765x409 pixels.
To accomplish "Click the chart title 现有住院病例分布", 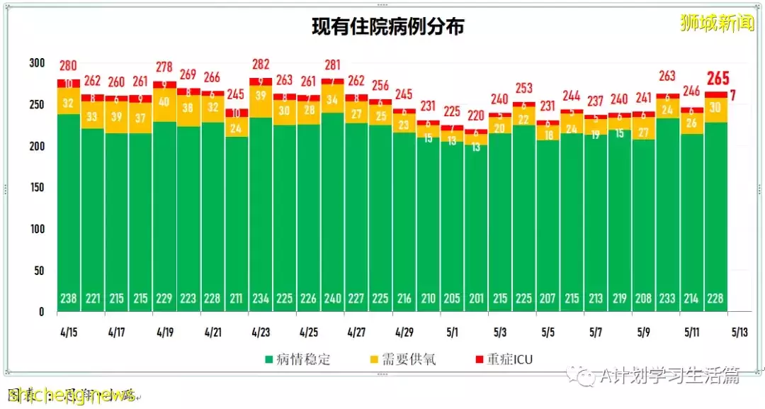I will (x=388, y=27).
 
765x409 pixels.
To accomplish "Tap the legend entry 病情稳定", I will (x=297, y=359).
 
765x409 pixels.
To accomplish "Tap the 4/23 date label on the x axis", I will (x=261, y=332).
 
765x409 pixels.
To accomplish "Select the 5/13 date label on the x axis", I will (x=739, y=332).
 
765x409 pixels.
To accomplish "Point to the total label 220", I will (x=476, y=116).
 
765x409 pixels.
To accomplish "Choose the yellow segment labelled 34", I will (x=332, y=99).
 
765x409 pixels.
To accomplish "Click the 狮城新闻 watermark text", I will (x=716, y=23).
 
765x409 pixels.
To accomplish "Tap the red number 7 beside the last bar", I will (x=732, y=95).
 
